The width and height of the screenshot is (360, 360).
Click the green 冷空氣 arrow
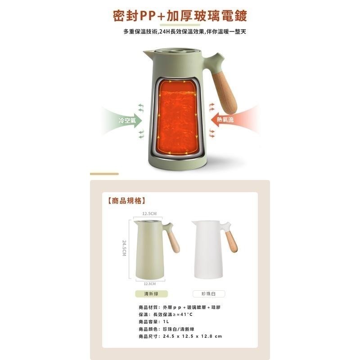click(x=124, y=120)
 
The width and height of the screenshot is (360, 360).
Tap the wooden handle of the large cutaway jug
click(x=224, y=94)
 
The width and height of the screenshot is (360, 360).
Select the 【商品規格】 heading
click(x=127, y=201)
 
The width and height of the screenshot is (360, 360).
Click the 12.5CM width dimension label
click(x=149, y=213)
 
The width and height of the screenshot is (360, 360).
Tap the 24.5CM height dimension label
click(x=124, y=248)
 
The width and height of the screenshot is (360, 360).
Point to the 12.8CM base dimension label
click(x=150, y=284)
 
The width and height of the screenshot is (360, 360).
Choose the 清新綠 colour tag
click(x=151, y=294)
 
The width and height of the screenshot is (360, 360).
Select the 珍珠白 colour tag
click(x=209, y=294)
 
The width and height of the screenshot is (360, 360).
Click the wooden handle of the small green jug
click(x=174, y=242)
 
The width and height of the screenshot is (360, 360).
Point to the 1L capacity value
click(x=166, y=322)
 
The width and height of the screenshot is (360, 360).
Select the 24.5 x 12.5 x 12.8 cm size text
click(x=193, y=336)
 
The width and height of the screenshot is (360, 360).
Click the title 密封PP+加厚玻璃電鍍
click(x=180, y=16)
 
